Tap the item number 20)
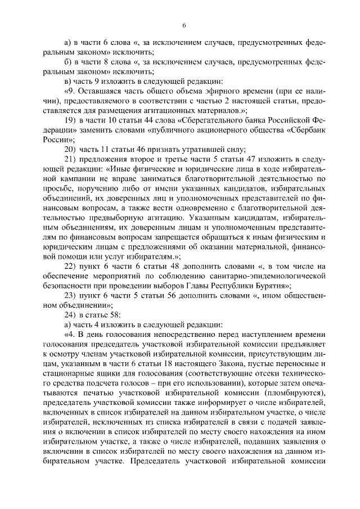[x=70, y=149]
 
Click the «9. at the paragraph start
[x=70, y=91]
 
